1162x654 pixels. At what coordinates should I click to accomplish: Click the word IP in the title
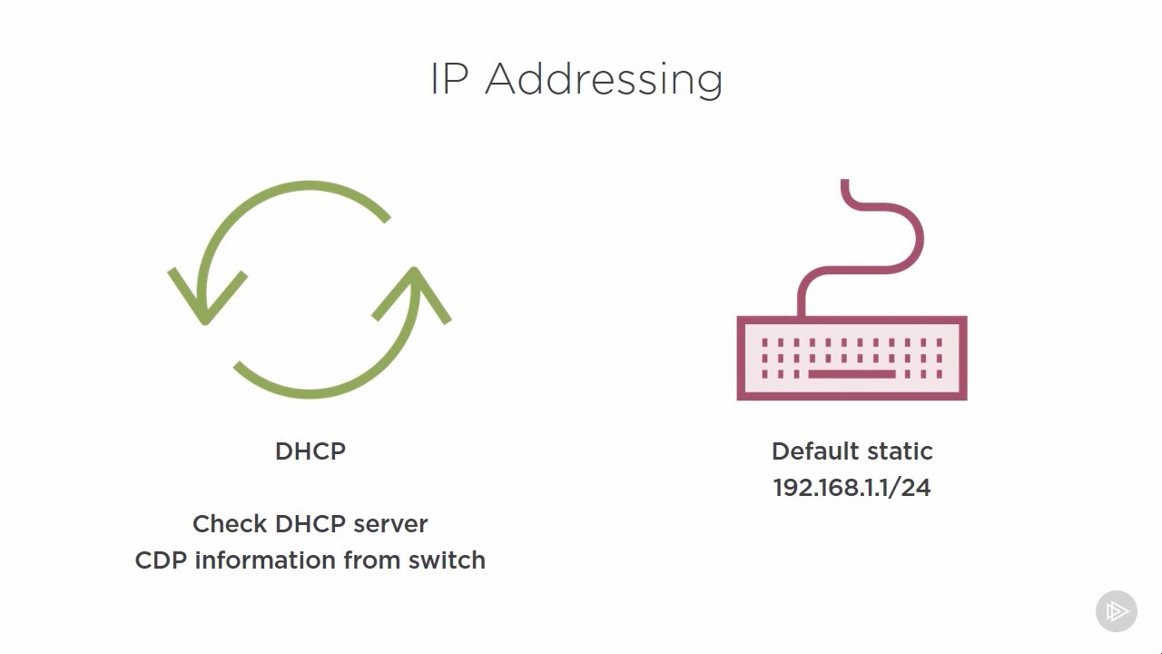(x=448, y=79)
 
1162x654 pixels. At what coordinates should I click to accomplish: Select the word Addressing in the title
(x=604, y=80)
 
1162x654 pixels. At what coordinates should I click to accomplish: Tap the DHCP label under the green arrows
(x=310, y=451)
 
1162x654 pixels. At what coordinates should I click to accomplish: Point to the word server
(x=390, y=524)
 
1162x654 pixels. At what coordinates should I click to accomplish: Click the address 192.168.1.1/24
(x=852, y=488)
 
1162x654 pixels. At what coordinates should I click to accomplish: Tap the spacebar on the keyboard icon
(x=852, y=373)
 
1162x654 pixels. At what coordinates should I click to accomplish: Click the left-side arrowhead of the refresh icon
(x=205, y=300)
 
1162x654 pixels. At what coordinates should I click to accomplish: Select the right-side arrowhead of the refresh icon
(x=414, y=291)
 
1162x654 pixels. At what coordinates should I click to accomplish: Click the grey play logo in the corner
(x=1117, y=611)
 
